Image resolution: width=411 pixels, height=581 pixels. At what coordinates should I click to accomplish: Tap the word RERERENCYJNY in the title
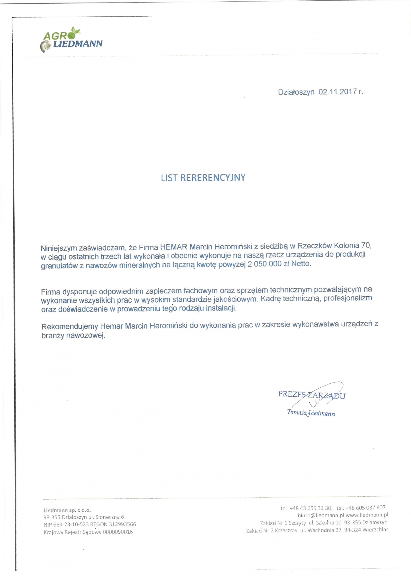click(213, 178)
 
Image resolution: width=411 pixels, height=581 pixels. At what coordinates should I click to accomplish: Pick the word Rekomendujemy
click(70, 326)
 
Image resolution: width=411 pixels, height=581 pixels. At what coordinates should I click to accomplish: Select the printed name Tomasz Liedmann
click(311, 413)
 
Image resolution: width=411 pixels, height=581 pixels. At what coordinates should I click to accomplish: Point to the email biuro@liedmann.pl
click(321, 515)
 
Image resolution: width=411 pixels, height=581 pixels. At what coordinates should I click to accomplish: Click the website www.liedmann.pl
click(367, 515)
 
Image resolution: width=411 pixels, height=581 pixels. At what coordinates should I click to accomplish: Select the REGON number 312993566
click(122, 524)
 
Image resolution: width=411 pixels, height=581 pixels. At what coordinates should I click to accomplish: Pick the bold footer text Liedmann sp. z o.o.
click(67, 510)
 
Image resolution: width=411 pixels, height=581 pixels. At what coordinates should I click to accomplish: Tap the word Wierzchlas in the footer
click(375, 530)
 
